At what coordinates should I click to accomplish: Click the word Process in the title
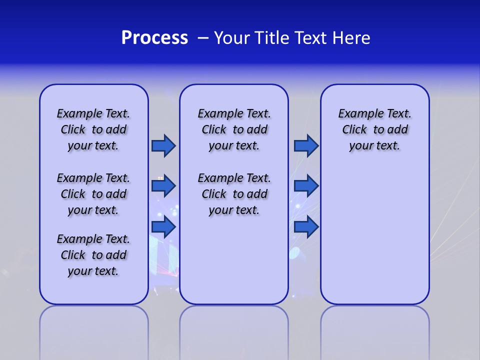pyautogui.click(x=154, y=38)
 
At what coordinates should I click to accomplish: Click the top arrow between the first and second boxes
pyautogui.click(x=163, y=145)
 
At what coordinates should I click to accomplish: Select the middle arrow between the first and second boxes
pyautogui.click(x=163, y=186)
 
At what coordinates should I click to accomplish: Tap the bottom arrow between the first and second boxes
pyautogui.click(x=163, y=226)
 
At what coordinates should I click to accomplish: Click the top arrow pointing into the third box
pyautogui.click(x=306, y=145)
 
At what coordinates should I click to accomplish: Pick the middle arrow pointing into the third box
pyautogui.click(x=306, y=186)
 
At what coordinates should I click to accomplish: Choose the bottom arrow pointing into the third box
pyautogui.click(x=306, y=226)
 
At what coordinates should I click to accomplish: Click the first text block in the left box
pyautogui.click(x=93, y=129)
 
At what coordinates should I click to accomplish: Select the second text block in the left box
pyautogui.click(x=93, y=194)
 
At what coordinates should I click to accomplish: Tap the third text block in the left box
pyautogui.click(x=93, y=255)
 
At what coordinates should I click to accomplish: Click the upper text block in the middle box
pyautogui.click(x=234, y=129)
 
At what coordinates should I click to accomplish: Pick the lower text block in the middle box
pyautogui.click(x=234, y=194)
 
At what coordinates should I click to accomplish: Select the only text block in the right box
pyautogui.click(x=374, y=129)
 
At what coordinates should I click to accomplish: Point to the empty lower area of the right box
pyautogui.click(x=374, y=235)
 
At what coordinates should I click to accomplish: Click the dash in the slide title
pyautogui.click(x=203, y=38)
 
